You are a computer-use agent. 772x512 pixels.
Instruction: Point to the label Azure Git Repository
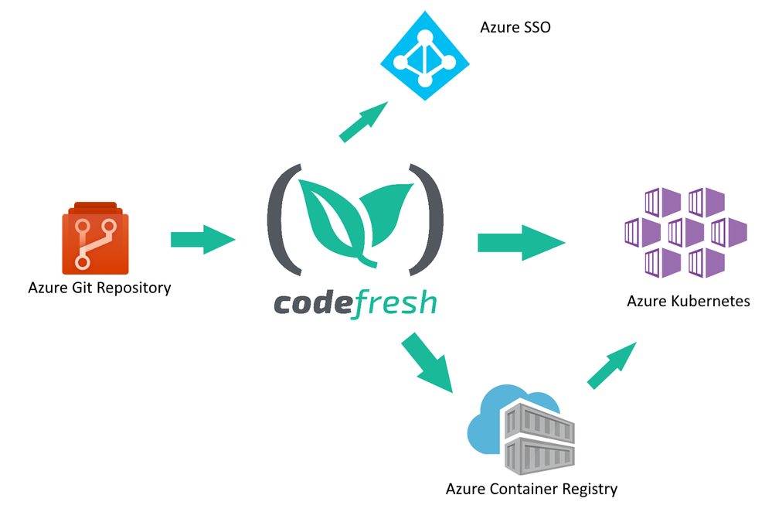tap(99, 288)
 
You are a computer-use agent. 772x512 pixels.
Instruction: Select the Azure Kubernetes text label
tap(688, 301)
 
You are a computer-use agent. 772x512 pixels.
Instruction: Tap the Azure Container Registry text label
tap(532, 489)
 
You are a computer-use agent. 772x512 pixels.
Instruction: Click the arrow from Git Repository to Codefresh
tap(202, 239)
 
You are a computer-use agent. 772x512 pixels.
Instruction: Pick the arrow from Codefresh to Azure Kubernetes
tap(521, 242)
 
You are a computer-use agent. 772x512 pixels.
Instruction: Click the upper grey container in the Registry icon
tap(538, 422)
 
